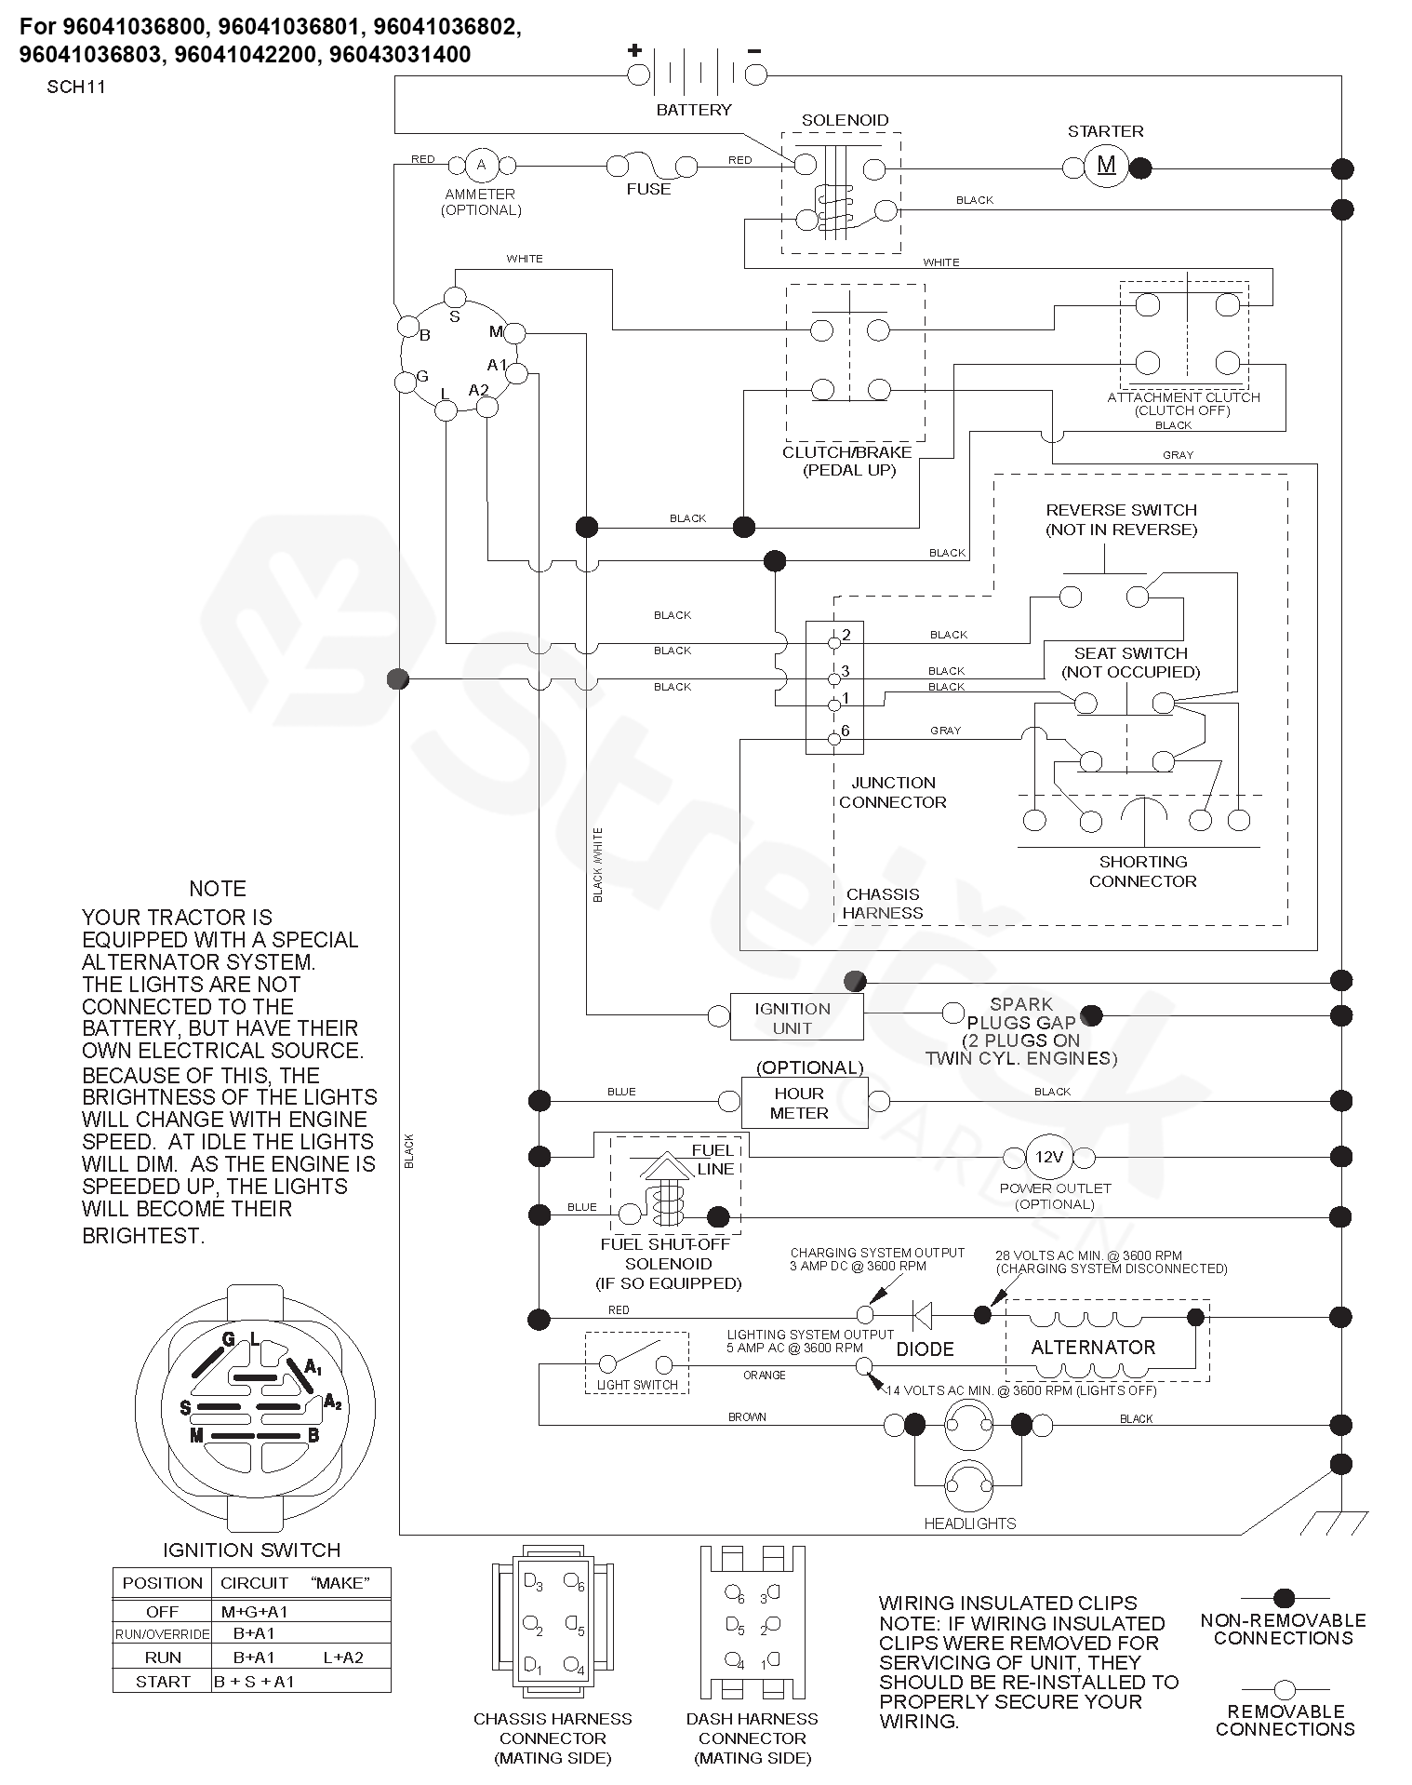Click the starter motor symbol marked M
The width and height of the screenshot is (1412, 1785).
[x=1106, y=167]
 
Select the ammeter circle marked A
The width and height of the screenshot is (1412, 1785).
[x=481, y=166]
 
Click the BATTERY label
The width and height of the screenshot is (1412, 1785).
[x=694, y=110]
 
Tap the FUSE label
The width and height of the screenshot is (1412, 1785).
[x=648, y=189]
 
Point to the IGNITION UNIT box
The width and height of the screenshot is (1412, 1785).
[x=796, y=1017]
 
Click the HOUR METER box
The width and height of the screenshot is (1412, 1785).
[x=804, y=1103]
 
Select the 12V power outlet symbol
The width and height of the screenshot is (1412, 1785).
[x=1048, y=1158]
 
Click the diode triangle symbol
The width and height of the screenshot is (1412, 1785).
[x=923, y=1315]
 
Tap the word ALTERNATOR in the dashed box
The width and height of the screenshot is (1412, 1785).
[x=1093, y=1347]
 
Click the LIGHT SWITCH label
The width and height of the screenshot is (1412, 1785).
[x=637, y=1384]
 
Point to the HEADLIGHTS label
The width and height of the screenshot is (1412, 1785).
[x=969, y=1523]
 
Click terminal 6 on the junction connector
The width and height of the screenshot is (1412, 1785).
[x=833, y=740]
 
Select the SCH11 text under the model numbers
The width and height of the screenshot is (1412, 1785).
[x=76, y=87]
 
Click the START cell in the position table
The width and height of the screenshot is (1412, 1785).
[x=163, y=1681]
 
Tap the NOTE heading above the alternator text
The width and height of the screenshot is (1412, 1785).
[x=218, y=888]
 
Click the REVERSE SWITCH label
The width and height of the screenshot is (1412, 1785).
[x=1121, y=510]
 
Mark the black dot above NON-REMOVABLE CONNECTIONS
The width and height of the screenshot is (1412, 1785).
[x=1284, y=1599]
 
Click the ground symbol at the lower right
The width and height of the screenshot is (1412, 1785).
[x=1334, y=1523]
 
